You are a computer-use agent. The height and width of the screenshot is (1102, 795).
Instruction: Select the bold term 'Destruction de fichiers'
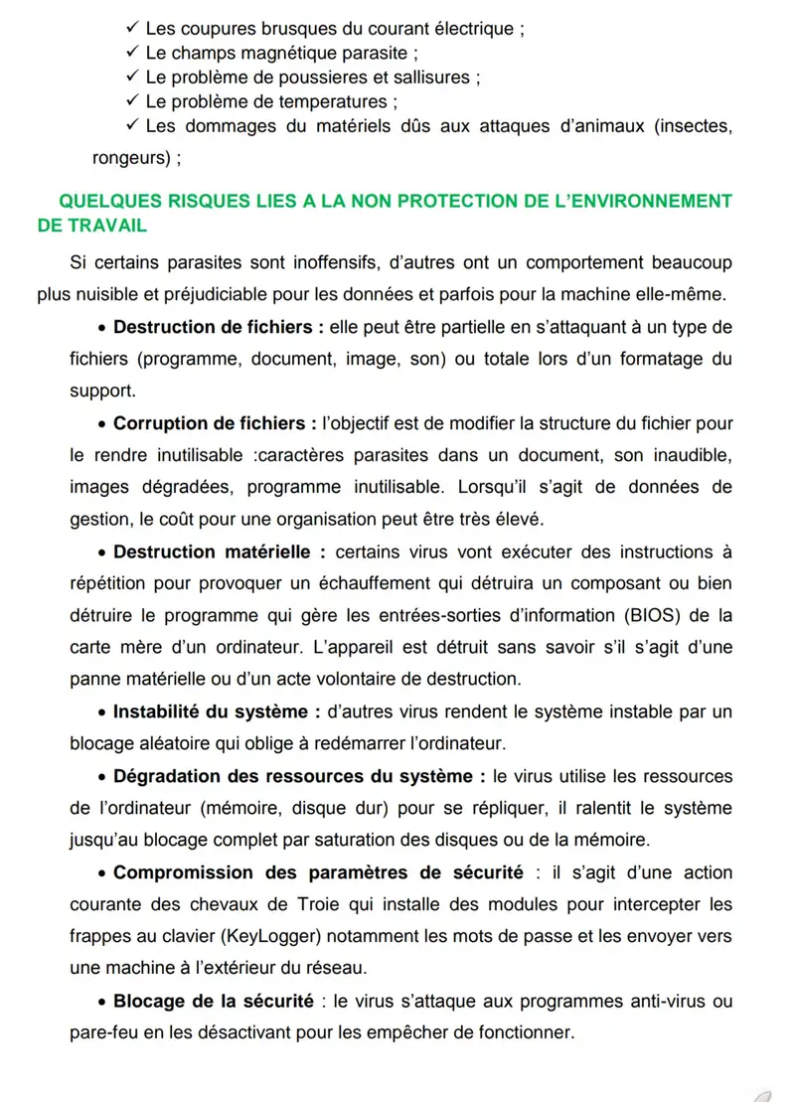pos(214,328)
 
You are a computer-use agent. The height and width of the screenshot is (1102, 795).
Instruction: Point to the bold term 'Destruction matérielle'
pos(219,551)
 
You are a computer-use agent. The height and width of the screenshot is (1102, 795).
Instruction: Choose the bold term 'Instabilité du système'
pos(217,711)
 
